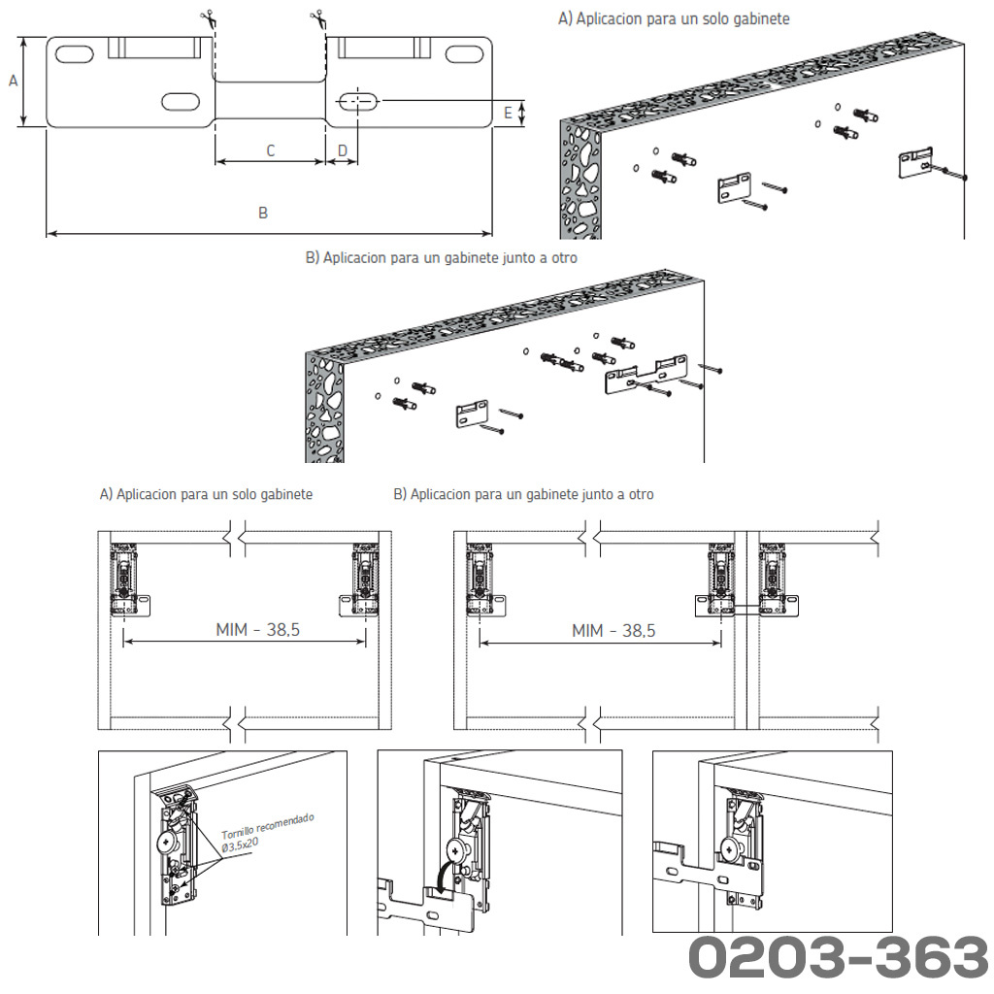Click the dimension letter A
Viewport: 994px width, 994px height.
tap(13, 82)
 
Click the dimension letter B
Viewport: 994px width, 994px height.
tap(263, 213)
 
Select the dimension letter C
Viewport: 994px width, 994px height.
tap(271, 150)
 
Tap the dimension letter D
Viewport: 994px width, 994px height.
tap(343, 150)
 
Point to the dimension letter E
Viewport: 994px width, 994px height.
tap(508, 113)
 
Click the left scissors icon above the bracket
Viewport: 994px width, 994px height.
tap(208, 20)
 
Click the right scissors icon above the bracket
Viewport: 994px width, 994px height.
tap(318, 20)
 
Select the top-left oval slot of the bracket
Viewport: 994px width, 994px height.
tap(74, 53)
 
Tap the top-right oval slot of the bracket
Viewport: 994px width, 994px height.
tap(465, 54)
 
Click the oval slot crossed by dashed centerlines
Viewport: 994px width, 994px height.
tap(358, 101)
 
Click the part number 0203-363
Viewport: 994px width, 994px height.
tap(838, 956)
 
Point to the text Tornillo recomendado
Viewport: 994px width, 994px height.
tap(268, 827)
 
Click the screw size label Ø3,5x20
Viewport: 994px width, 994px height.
tap(240, 845)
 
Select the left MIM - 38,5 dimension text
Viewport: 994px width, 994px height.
tap(257, 630)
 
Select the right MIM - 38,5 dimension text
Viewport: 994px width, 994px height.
tap(613, 631)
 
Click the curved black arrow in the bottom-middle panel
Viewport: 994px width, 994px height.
tap(444, 878)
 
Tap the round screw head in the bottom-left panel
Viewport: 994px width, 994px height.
tap(166, 842)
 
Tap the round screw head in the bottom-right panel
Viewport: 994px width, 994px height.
tap(730, 848)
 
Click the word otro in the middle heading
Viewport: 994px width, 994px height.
tap(565, 258)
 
